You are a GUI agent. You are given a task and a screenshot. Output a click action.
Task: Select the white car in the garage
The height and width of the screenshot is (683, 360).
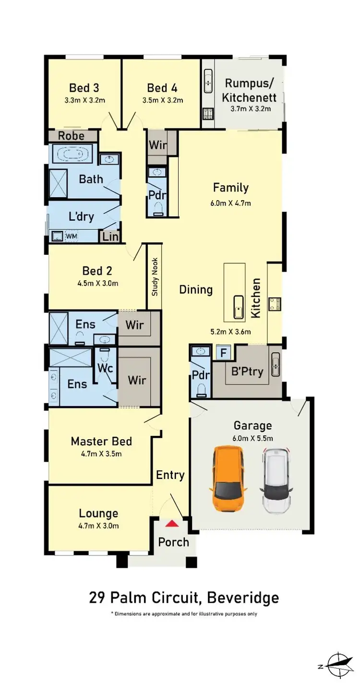pos(276,479)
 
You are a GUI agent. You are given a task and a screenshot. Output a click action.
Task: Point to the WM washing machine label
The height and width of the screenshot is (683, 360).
pos(71,237)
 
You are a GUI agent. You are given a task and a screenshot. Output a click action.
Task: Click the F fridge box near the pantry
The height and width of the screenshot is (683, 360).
pos(222,352)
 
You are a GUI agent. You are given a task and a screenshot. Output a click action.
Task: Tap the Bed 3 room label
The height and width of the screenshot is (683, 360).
pos(84,88)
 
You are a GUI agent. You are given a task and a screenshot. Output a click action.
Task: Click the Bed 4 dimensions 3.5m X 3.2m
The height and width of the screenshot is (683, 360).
pos(162,100)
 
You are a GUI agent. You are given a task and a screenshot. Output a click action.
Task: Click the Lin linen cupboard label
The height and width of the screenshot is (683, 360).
pos(110,236)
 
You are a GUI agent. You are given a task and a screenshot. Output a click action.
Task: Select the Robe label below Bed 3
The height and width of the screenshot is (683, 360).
pos(71,136)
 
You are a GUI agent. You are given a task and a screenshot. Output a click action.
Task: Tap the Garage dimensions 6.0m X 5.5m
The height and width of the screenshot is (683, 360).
pos(253,438)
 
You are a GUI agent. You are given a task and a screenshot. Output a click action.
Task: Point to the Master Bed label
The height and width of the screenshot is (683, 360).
pos(101,441)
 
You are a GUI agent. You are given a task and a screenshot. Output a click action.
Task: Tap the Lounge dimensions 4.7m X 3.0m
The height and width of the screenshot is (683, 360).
pos(98,526)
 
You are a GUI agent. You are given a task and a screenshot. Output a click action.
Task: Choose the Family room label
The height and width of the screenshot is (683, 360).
pos(230,188)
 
